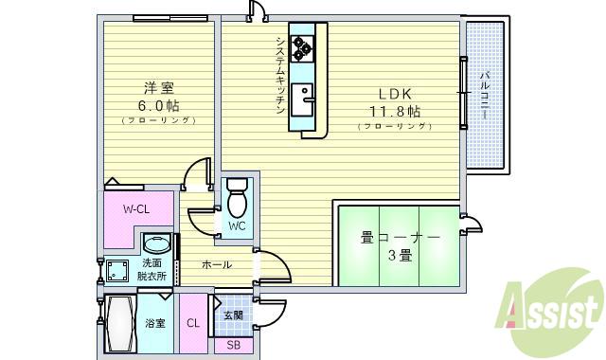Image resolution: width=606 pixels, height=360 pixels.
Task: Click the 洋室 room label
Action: (157, 84)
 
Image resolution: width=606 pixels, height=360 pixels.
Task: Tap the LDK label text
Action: (395, 94)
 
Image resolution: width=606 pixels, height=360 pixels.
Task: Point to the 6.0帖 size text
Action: (157, 104)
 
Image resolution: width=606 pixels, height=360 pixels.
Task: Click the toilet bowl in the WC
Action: (237, 203)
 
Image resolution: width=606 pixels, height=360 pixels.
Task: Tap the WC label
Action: (237, 225)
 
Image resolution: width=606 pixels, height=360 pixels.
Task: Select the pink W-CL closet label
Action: (138, 208)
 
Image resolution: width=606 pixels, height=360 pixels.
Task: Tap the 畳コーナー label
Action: (400, 237)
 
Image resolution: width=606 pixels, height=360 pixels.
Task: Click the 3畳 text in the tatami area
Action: (400, 255)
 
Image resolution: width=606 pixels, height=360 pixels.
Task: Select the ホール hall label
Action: (217, 265)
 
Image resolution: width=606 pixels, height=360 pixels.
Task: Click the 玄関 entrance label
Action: (233, 315)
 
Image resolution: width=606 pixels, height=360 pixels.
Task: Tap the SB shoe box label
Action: (233, 345)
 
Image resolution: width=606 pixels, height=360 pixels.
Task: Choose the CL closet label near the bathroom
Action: (193, 323)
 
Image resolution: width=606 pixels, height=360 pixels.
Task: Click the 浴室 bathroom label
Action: (154, 323)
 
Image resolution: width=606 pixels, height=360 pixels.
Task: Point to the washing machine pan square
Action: (118, 272)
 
